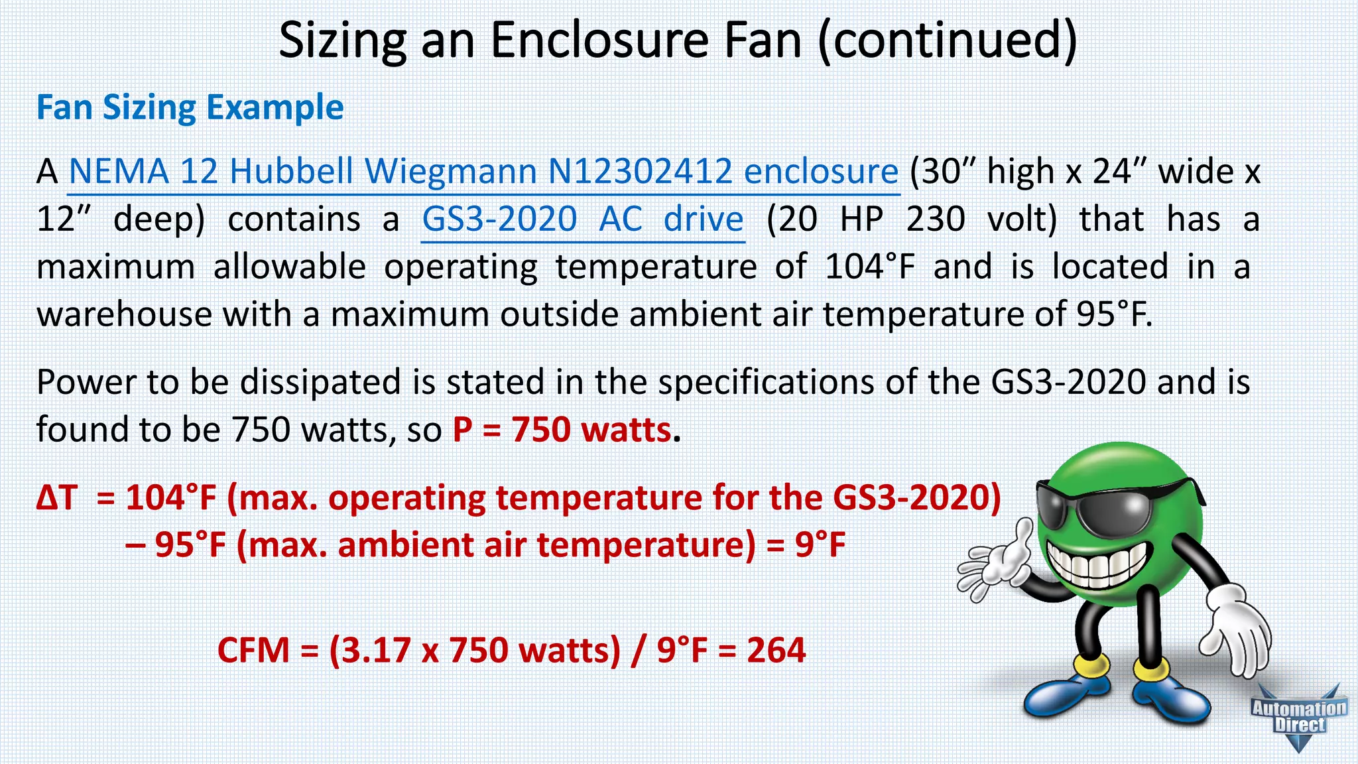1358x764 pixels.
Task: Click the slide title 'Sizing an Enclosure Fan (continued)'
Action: point(678,41)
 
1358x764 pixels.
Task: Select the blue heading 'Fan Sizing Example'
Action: point(190,107)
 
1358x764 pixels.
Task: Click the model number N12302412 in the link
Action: point(640,172)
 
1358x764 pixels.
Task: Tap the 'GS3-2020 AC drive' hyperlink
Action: point(583,220)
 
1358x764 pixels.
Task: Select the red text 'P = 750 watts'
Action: point(562,430)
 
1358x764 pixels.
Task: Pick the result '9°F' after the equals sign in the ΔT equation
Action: point(820,545)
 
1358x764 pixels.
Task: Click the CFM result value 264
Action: point(776,650)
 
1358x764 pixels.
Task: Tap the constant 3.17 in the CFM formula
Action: point(375,650)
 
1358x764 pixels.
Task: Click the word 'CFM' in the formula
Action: point(253,650)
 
